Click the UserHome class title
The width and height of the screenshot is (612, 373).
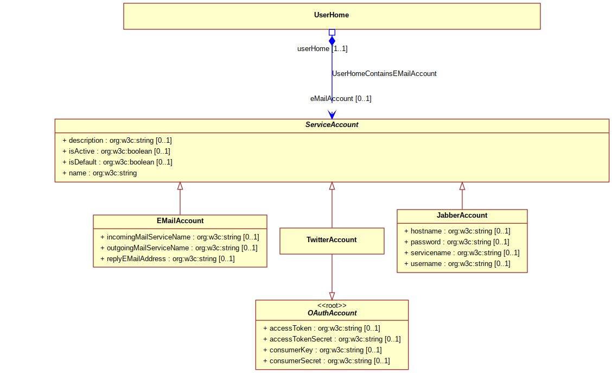(x=331, y=15)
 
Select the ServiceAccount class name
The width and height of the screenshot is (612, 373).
(x=331, y=124)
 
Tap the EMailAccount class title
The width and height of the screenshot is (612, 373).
(x=180, y=220)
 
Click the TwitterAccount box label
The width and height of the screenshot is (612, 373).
(x=331, y=240)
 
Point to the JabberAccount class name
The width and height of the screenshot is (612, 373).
(x=462, y=215)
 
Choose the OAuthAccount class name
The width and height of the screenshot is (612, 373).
(x=331, y=313)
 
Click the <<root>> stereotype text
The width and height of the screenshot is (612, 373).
(x=331, y=306)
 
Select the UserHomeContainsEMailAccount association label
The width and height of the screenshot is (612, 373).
(x=384, y=73)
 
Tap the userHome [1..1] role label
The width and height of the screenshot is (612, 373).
(x=322, y=48)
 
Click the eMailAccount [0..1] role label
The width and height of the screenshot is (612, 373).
(x=341, y=98)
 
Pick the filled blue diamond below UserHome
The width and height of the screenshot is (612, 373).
(x=331, y=41)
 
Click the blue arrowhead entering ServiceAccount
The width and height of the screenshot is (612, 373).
(x=331, y=115)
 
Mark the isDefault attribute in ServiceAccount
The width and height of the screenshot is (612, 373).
(x=117, y=162)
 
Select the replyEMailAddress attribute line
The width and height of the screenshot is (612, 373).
(x=168, y=258)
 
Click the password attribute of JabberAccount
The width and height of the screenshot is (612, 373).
(x=457, y=242)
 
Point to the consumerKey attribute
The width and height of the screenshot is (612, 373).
(x=322, y=350)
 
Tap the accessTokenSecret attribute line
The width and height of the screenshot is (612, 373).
(x=331, y=339)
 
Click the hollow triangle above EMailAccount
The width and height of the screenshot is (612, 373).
(x=180, y=186)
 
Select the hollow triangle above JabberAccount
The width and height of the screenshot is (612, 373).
(x=462, y=186)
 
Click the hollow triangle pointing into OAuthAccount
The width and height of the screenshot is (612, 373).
(x=331, y=296)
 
